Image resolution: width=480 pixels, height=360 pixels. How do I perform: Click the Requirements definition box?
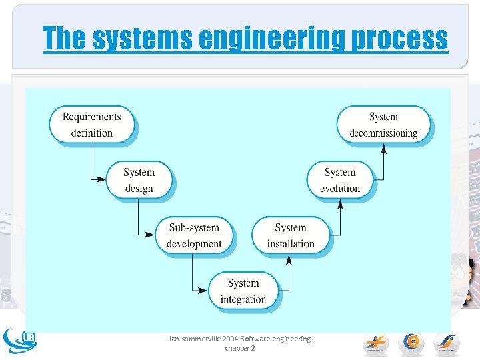91,125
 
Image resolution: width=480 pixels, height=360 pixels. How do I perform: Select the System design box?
139,180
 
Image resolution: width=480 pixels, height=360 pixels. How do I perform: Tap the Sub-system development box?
194,235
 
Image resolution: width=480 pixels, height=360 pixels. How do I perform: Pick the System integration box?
243,291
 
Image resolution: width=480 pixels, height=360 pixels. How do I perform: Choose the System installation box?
290,235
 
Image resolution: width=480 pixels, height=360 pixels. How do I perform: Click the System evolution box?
340,180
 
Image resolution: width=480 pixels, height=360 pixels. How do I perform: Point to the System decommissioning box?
383,125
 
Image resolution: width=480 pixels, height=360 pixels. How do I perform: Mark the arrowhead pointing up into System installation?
289,260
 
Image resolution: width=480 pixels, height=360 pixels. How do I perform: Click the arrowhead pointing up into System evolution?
340,204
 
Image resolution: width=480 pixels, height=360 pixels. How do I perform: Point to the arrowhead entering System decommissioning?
383,149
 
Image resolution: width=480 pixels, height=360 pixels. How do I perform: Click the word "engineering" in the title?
273,39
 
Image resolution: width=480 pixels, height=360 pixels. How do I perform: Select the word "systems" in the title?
142,39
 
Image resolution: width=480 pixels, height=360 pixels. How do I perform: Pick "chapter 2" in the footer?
240,348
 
